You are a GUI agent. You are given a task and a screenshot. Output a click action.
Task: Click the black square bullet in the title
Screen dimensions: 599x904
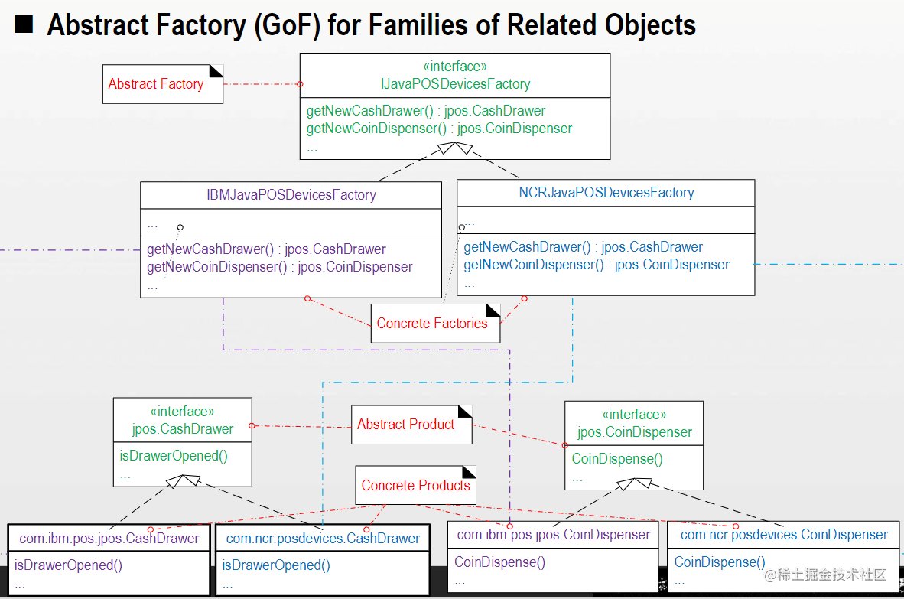pos(24,25)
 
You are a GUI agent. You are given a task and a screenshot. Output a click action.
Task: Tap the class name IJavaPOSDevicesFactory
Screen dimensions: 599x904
pos(455,84)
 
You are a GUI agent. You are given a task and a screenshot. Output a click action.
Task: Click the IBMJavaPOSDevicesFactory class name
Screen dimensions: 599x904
pos(291,194)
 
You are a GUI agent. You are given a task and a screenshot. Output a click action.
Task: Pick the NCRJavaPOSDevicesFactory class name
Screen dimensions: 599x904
pos(606,193)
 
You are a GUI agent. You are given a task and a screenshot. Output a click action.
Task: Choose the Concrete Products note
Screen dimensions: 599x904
pos(415,485)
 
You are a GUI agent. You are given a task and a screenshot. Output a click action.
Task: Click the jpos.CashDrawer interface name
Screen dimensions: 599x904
pos(182,429)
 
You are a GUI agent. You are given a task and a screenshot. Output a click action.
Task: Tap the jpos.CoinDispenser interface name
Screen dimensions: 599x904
pos(634,432)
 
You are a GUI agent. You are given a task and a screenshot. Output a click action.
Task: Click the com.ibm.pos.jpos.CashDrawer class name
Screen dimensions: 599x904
pos(109,539)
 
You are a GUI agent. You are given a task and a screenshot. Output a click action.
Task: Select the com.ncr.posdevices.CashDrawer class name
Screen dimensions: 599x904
pos(323,539)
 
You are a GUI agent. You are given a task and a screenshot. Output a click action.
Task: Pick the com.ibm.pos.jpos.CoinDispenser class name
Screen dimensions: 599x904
pos(553,535)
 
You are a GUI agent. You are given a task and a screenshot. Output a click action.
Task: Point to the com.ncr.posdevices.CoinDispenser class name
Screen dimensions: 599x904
pos(784,535)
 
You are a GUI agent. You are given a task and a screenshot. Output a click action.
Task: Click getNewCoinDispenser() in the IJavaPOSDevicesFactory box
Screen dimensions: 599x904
pos(439,129)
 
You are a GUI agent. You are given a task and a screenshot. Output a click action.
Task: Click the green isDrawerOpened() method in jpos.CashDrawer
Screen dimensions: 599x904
pos(174,456)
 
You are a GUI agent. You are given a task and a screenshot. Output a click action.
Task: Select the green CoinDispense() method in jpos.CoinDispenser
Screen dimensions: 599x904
pos(617,459)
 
